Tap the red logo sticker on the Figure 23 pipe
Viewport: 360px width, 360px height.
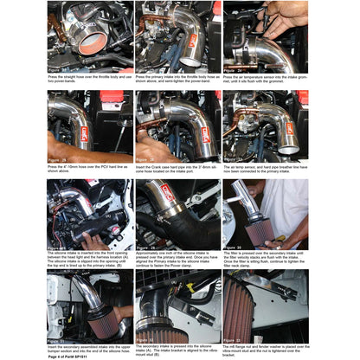pyautogui.click(x=192, y=41)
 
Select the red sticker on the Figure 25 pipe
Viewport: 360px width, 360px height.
pyautogui.click(x=85, y=132)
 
